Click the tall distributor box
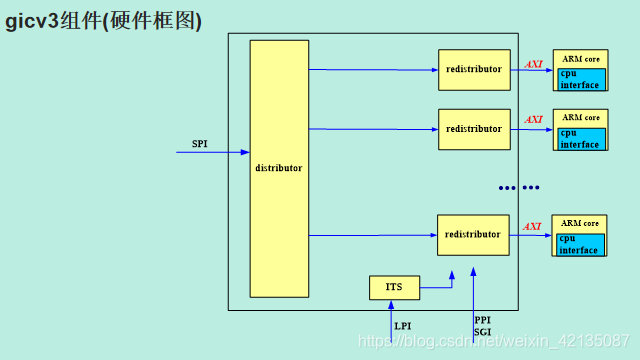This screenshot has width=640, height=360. tap(279, 168)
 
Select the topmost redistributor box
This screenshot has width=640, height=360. tap(474, 69)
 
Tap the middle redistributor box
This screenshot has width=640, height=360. tap(474, 129)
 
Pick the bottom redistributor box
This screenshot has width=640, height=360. tap(473, 235)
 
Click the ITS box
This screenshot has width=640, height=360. tap(394, 288)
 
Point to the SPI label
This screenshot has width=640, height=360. tap(199, 144)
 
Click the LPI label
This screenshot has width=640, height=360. tap(402, 326)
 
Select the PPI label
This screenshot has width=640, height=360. tap(482, 321)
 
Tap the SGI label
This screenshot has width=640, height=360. tap(482, 332)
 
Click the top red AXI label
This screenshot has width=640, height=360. tap(533, 64)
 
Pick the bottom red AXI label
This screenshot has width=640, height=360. tap(533, 227)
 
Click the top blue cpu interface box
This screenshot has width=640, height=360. tap(581, 80)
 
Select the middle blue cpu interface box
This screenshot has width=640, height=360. tap(581, 139)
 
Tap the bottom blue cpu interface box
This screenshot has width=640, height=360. tap(581, 245)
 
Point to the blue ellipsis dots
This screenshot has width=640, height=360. tap(519, 187)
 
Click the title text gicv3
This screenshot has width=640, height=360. tap(30, 20)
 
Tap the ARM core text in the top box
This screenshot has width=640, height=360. tap(581, 59)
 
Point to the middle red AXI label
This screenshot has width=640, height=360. tap(533, 120)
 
